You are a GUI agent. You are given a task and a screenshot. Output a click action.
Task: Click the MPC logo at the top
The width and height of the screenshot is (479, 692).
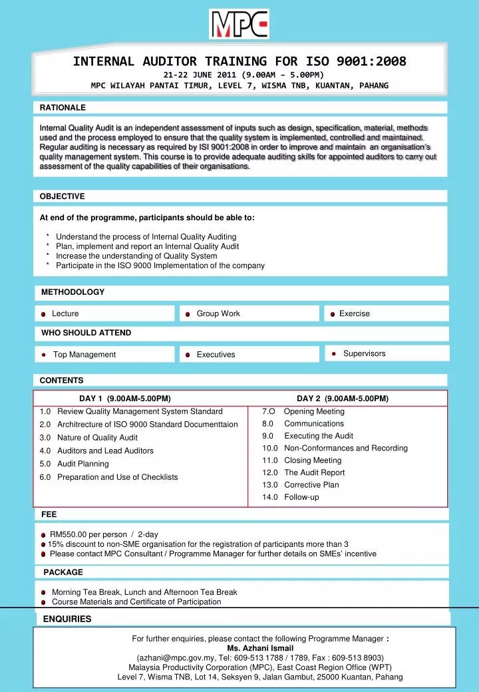[239, 24]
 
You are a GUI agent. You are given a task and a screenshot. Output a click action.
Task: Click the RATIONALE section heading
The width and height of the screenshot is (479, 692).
[63, 107]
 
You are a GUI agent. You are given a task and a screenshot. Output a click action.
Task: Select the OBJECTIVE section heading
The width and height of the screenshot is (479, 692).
[63, 196]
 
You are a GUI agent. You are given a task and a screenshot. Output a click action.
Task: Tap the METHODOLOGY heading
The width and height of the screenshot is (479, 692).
[73, 292]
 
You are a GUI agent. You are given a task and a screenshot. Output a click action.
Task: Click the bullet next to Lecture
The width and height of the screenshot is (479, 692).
[43, 314]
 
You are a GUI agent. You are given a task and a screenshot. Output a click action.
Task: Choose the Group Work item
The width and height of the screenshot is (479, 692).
[218, 313]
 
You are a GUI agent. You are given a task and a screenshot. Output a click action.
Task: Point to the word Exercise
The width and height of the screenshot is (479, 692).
[354, 313]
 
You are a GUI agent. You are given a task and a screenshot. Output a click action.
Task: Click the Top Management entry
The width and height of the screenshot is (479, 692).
[84, 355]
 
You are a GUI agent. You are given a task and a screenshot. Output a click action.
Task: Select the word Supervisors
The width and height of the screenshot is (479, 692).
[364, 353]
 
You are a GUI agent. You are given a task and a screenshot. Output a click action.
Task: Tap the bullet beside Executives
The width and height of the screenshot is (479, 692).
[188, 355]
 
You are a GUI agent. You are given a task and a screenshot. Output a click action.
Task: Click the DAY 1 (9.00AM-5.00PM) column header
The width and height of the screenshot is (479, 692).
[125, 399]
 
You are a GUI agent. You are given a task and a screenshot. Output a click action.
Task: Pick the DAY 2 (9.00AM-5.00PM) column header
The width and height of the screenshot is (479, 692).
[343, 399]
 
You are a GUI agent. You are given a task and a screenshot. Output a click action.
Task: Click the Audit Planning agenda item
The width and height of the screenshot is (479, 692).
[83, 464]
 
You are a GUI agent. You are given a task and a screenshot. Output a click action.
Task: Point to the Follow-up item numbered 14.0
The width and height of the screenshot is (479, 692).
[301, 497]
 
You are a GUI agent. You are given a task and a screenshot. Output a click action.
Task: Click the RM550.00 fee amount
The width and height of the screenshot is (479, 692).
[73, 534]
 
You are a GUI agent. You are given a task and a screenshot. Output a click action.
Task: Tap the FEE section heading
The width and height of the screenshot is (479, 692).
[49, 514]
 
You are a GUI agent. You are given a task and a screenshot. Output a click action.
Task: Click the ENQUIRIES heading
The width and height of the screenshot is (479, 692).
[67, 619]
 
